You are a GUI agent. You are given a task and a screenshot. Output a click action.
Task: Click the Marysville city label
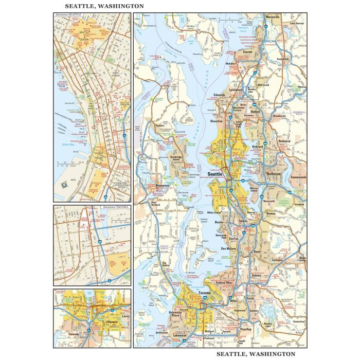point(273,17)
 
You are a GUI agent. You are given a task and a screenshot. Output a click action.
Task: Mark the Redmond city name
point(284,140)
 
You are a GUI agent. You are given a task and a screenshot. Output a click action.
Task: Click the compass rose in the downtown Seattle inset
point(64,185)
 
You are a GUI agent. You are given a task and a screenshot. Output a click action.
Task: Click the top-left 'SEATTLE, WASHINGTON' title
point(104,6)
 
